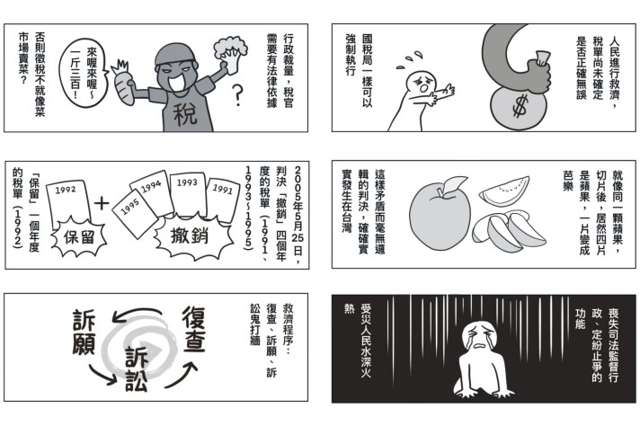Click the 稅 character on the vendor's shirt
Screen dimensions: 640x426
click(186, 114)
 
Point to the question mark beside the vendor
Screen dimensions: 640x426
click(237, 95)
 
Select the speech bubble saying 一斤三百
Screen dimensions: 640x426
click(84, 73)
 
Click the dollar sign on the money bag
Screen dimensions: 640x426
click(520, 106)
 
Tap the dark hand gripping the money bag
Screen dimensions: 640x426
click(533, 75)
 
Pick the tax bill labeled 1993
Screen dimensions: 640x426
click(188, 195)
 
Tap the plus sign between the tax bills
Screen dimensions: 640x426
click(102, 204)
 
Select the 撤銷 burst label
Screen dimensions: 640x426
click(190, 236)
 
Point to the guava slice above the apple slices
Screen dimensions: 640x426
click(504, 191)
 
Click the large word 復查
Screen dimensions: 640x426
click(193, 329)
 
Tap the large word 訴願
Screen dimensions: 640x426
click(84, 332)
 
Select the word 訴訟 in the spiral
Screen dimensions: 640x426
click(136, 369)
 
